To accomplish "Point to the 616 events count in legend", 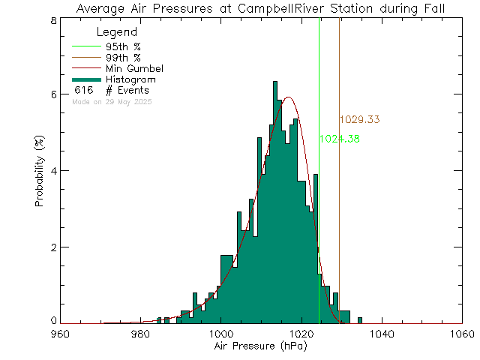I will (83, 90).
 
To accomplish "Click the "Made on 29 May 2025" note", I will (112, 100).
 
